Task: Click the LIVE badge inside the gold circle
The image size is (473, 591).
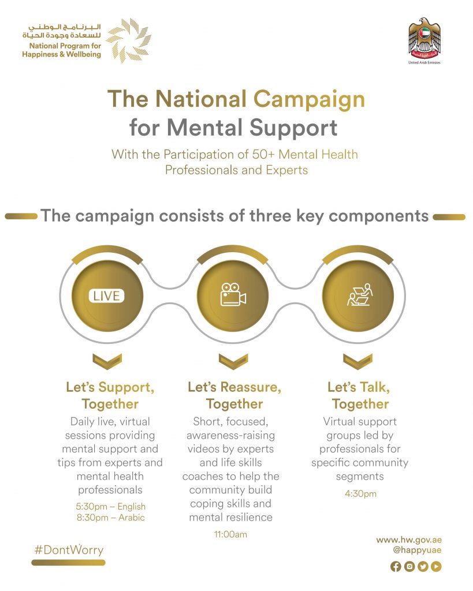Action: (107, 296)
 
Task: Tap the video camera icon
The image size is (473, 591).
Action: (233, 295)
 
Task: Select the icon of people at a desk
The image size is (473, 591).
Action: (359, 295)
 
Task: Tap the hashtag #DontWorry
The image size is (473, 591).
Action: (69, 549)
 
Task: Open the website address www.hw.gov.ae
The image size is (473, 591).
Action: (409, 540)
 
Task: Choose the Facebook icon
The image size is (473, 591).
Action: (396, 567)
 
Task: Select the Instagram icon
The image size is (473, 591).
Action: (409, 567)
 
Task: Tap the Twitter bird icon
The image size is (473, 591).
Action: (423, 567)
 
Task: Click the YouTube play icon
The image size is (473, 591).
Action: (436, 567)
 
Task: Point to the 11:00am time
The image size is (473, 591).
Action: (230, 534)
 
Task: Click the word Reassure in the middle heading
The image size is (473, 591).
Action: (249, 387)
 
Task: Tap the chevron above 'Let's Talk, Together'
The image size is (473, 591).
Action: (358, 361)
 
